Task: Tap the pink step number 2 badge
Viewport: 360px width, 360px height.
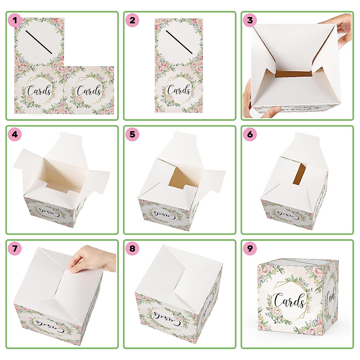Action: [x=132, y=20]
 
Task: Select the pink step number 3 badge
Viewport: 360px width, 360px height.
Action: [x=250, y=20]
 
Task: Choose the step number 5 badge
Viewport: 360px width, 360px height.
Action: [x=132, y=134]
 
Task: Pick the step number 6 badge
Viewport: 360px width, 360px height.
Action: [x=250, y=134]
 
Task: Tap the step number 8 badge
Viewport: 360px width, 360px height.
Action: [x=132, y=248]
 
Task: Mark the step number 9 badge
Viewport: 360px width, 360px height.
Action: [x=250, y=248]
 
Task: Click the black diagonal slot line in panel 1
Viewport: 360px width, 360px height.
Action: [x=39, y=42]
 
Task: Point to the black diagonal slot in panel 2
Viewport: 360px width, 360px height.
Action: [x=179, y=42]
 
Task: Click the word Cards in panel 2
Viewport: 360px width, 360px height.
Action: [x=179, y=90]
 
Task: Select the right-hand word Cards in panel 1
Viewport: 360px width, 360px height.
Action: [x=89, y=90]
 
